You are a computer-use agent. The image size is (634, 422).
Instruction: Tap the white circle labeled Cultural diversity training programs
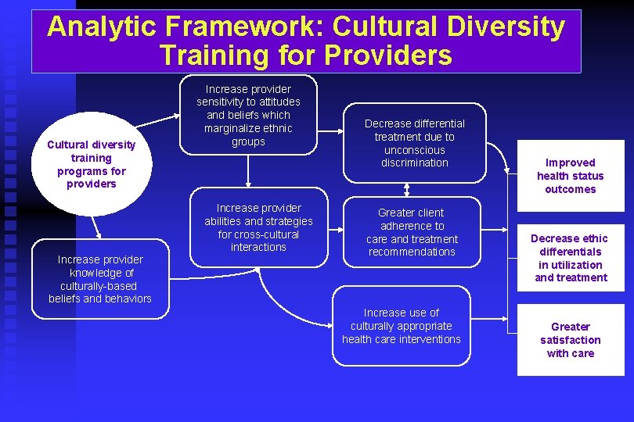point(91,164)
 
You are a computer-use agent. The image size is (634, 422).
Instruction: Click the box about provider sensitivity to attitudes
point(248,115)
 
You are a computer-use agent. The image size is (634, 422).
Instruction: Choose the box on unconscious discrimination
point(414,143)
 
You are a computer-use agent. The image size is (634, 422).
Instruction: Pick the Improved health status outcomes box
point(570,176)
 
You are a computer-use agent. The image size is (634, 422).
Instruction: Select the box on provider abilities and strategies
point(258,227)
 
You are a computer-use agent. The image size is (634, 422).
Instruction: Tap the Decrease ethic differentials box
point(570,258)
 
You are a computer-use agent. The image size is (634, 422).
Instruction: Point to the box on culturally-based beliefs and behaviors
point(100,279)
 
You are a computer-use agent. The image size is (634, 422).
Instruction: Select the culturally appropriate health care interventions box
point(401,325)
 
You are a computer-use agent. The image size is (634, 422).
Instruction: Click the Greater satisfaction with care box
point(570,340)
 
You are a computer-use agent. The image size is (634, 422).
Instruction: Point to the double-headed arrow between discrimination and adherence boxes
point(408,189)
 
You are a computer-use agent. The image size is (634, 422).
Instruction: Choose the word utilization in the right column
point(576,265)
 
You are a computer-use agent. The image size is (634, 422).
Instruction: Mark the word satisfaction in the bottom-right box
point(570,340)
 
